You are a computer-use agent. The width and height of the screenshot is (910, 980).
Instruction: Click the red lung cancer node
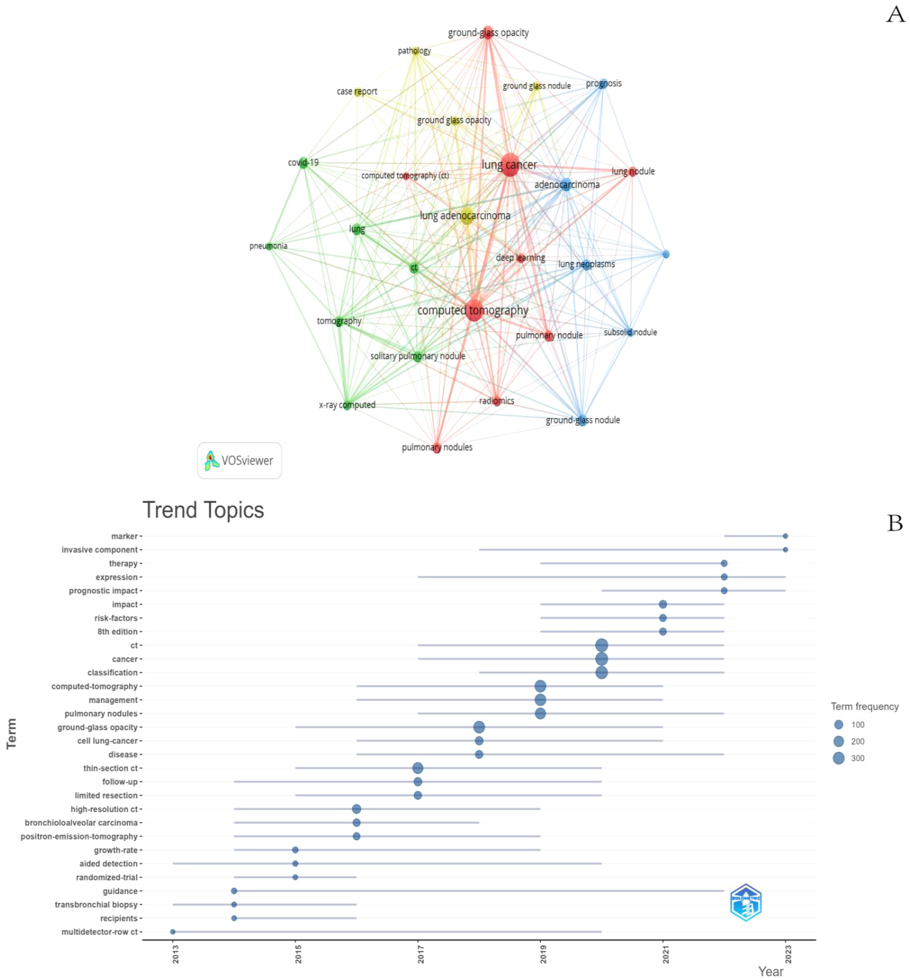pos(509,165)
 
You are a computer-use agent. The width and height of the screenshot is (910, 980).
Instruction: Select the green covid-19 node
pos(304,163)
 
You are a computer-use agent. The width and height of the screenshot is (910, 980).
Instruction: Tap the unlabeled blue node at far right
pos(666,254)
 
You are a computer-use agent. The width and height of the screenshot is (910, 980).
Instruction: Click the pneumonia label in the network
pos(268,246)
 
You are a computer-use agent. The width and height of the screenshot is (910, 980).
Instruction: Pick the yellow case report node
pos(358,92)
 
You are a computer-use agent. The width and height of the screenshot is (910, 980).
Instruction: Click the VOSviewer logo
pos(239,461)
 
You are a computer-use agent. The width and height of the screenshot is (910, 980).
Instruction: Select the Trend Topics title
pos(203,510)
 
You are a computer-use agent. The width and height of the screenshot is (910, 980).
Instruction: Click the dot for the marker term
pos(785,536)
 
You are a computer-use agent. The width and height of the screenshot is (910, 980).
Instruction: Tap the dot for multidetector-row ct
pos(173,932)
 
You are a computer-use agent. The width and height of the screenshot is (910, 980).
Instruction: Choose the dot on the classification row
pos(601,672)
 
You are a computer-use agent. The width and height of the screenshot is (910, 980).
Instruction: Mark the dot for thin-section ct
pos(418,768)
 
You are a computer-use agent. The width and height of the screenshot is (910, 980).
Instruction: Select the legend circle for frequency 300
pos(839,758)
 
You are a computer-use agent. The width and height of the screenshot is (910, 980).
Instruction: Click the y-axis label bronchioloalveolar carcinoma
pos(81,822)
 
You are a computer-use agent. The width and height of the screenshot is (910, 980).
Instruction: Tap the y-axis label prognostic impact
pos(103,590)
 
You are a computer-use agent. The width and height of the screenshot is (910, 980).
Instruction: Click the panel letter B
pos(895,523)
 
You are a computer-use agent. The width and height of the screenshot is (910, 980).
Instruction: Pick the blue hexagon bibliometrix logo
pos(745,902)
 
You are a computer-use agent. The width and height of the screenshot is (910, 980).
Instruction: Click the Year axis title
pos(770,971)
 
